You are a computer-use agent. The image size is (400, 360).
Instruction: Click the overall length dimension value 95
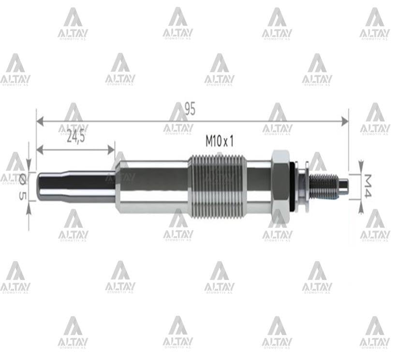point(190,109)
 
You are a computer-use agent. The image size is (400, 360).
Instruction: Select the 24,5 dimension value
point(75,137)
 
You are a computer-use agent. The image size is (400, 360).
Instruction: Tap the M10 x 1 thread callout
point(220,141)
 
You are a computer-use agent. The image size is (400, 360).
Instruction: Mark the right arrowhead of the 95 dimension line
point(344,121)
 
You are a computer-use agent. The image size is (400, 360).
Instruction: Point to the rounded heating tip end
point(40,186)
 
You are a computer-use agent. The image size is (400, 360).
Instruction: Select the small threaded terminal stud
point(323,186)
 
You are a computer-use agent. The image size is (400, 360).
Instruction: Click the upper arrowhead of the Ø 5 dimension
point(29,167)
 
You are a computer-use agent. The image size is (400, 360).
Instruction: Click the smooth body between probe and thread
point(152,186)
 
